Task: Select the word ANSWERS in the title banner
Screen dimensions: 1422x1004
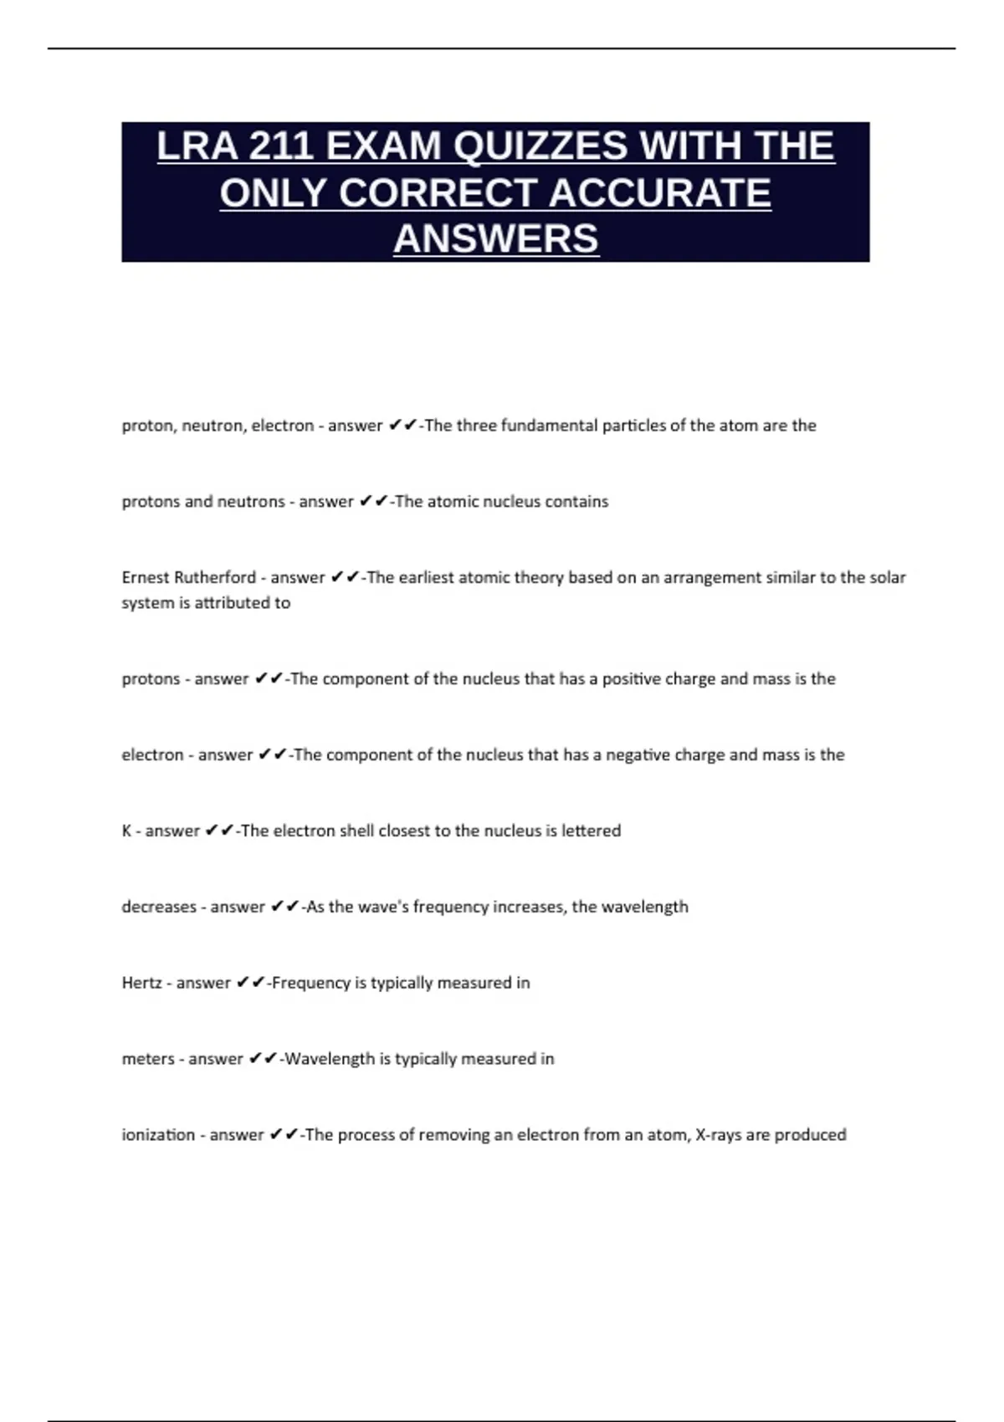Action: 496,238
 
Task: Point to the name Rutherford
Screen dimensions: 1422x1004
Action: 215,577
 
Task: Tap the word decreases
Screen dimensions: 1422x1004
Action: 159,907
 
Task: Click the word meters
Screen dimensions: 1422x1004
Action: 148,1059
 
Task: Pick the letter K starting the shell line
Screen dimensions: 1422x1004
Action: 126,831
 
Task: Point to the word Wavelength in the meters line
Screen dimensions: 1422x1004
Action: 330,1059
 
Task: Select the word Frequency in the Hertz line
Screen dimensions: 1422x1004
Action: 310,983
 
